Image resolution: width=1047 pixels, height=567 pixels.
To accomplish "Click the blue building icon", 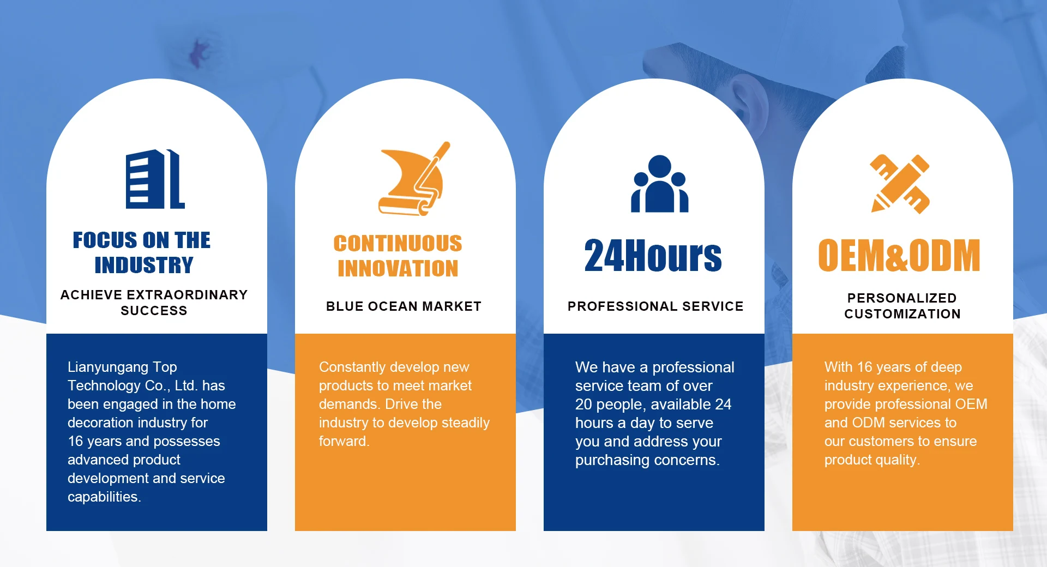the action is click(x=155, y=179).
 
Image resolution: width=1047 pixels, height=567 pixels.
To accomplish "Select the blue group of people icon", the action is click(x=660, y=184).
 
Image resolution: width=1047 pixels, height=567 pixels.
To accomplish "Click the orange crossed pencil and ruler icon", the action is click(x=900, y=184).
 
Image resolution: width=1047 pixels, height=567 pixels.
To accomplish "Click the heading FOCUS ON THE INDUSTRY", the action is click(x=142, y=252).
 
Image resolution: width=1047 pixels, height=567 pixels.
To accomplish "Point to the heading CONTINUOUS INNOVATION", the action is click(x=398, y=256).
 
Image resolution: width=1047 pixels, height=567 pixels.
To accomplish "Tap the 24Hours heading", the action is click(x=653, y=255).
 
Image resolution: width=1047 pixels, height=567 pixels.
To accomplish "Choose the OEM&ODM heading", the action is click(x=899, y=255).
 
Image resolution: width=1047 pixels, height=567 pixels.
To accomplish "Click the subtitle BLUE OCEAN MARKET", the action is click(x=404, y=306).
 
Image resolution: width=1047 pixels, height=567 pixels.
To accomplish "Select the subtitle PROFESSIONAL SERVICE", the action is click(x=655, y=306).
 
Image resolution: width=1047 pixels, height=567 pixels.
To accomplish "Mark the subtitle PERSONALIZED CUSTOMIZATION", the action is click(x=902, y=306).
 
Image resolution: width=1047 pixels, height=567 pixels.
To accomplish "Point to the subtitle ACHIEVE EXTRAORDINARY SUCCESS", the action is click(x=154, y=303).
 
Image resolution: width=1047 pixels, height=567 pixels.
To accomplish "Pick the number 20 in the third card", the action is click(x=583, y=405).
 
